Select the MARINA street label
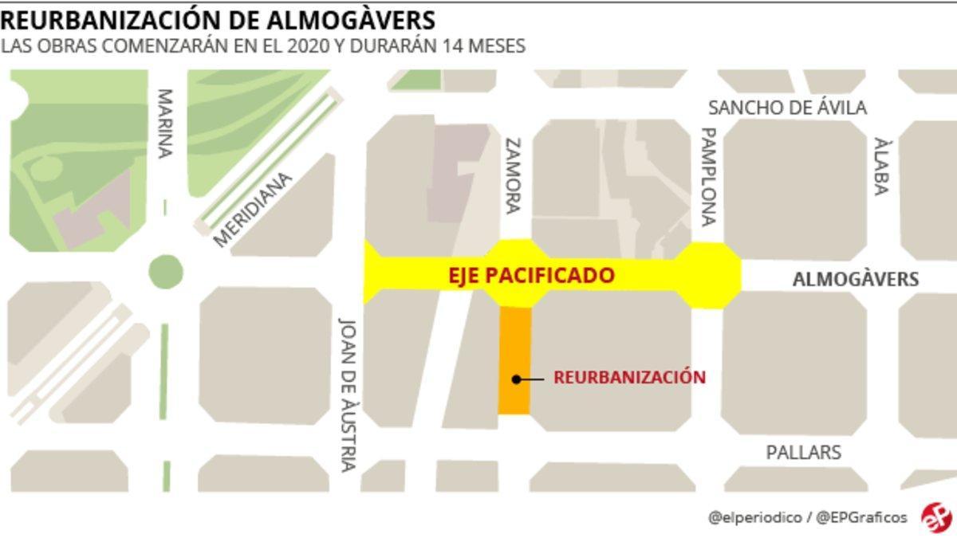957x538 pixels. [x=164, y=124]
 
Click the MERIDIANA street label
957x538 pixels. [x=254, y=210]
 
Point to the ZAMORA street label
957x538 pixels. [x=512, y=176]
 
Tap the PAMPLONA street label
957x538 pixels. [x=707, y=177]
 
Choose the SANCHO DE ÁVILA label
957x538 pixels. [x=787, y=108]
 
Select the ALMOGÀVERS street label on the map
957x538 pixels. [x=855, y=279]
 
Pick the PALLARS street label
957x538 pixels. [x=803, y=452]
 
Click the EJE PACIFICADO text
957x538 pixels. [x=530, y=276]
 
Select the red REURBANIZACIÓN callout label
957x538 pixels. [x=629, y=377]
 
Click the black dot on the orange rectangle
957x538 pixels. [x=517, y=379]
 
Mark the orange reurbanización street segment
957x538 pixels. [x=514, y=343]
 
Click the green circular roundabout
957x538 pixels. [x=166, y=272]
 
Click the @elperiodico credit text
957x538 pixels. [x=754, y=517]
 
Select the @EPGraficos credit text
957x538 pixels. [x=861, y=517]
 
